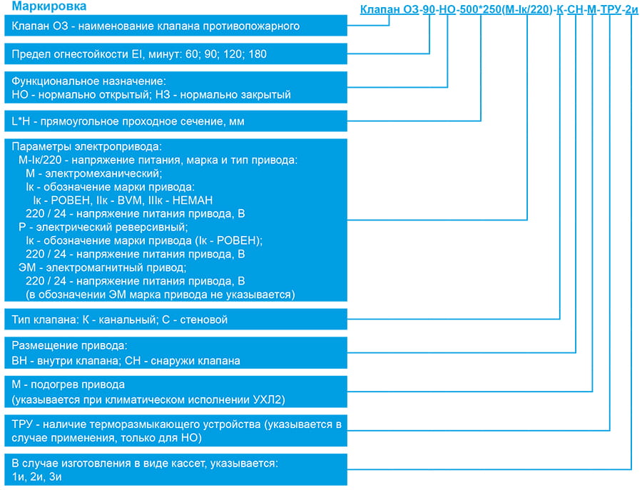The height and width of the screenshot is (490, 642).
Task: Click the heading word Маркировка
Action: [x=49, y=6]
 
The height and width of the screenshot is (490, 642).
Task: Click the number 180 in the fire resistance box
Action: [x=257, y=54]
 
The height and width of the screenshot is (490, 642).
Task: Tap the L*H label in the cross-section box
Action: [x=21, y=121]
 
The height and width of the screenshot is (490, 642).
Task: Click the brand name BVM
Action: [x=131, y=200]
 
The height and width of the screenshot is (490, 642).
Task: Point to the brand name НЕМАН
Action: [x=193, y=200]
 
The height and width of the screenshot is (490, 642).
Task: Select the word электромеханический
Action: [x=103, y=173]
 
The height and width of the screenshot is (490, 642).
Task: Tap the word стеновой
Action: [x=204, y=320]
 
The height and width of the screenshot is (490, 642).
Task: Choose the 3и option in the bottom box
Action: [x=55, y=477]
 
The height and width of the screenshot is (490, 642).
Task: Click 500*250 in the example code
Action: [x=481, y=9]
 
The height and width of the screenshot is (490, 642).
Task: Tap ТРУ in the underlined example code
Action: [x=611, y=9]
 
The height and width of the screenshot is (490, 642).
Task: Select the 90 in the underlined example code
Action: [x=429, y=9]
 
